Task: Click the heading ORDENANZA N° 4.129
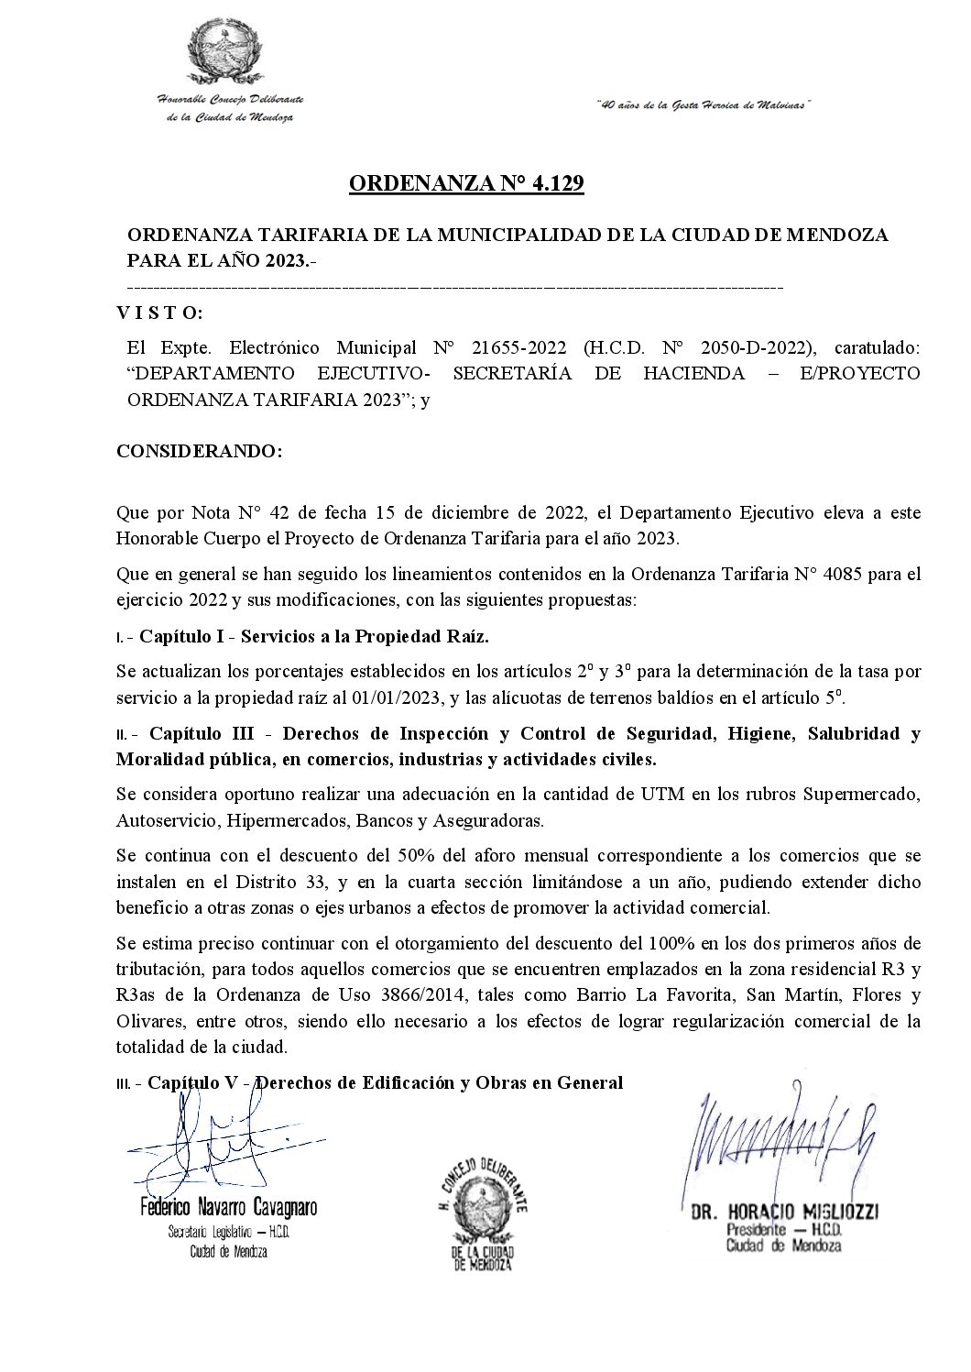click(x=466, y=185)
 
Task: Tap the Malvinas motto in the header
click(x=704, y=105)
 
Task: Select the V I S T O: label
click(x=160, y=313)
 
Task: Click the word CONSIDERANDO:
click(x=199, y=453)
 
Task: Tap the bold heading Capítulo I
click(x=187, y=636)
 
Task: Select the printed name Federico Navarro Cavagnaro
click(x=228, y=1207)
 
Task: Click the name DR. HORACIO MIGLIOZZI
click(x=784, y=1212)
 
